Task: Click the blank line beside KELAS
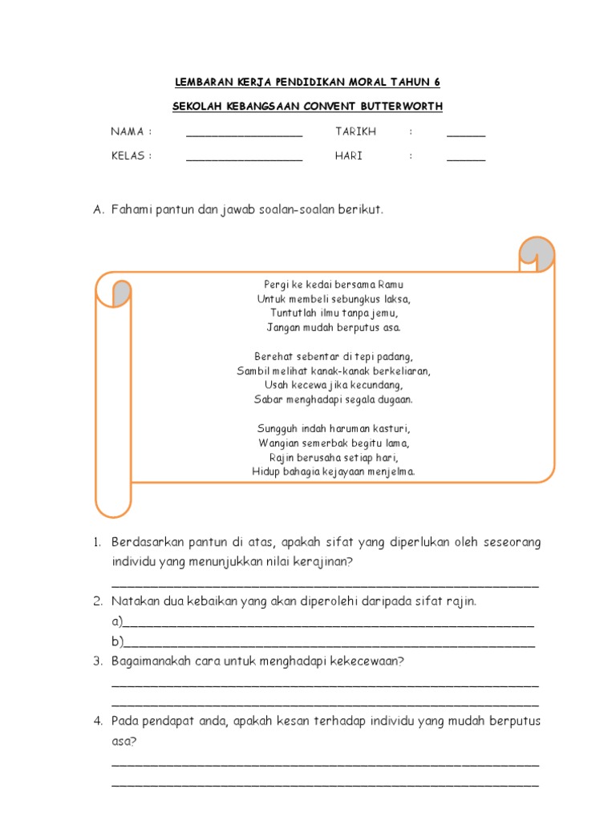tap(244, 160)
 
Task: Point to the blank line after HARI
tap(466, 160)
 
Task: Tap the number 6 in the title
tap(437, 83)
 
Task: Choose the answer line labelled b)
tap(329, 643)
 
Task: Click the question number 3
tap(96, 661)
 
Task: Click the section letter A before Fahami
tap(98, 210)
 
